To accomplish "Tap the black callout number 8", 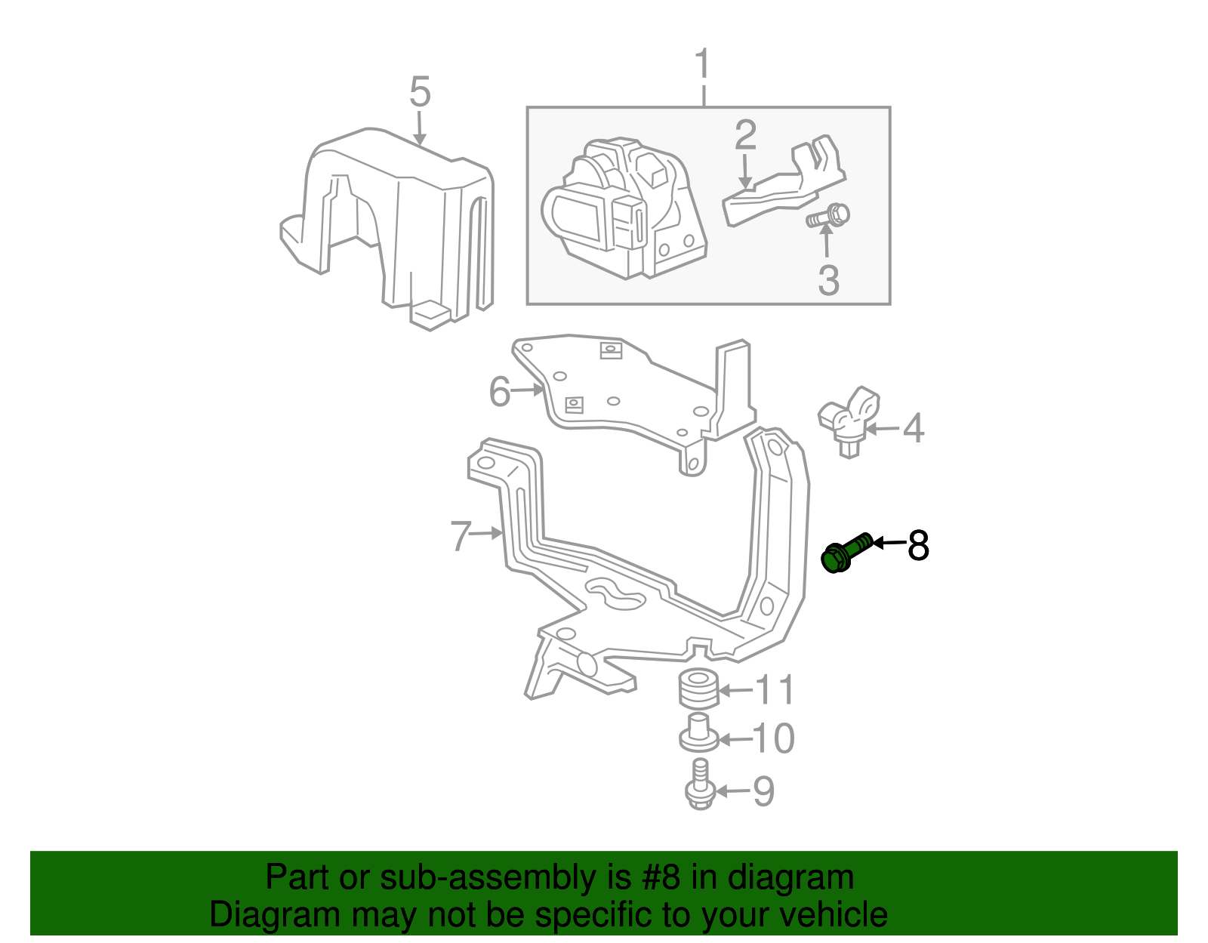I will coord(918,545).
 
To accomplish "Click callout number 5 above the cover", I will coord(420,93).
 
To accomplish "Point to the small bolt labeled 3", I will coord(829,217).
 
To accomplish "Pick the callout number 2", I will coord(745,135).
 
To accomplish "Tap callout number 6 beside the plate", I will coord(499,392).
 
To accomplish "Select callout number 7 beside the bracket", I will coord(461,535).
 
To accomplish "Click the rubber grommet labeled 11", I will coord(698,689).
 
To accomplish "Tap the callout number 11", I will coord(775,690).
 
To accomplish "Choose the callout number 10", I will coord(774,738).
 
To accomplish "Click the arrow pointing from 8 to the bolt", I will coord(889,542).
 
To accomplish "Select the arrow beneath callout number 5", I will coord(420,128).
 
